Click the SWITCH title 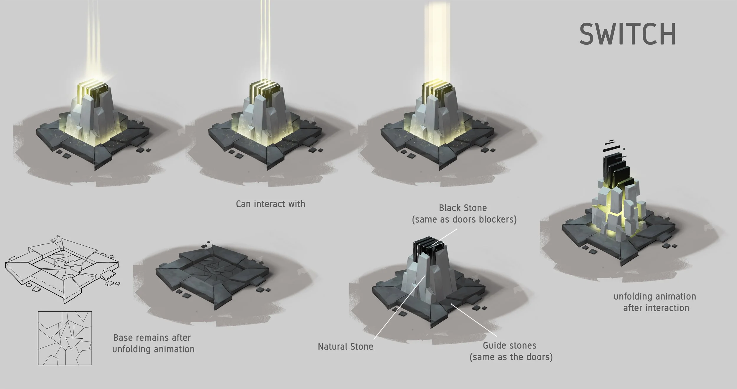tap(628, 34)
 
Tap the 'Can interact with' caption tap(271, 204)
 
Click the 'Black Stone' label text tap(463, 208)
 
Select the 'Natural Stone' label tap(346, 347)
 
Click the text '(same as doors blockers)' tap(464, 220)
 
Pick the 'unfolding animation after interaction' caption tap(655, 302)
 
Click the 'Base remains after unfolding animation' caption tap(153, 343)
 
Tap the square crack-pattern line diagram tap(65, 338)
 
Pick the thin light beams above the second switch tap(265, 41)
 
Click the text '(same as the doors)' tap(511, 357)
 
